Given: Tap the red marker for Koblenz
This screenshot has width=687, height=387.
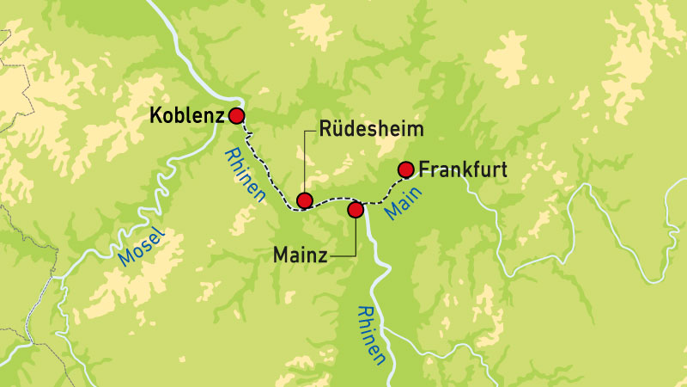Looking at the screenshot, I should click(x=236, y=116).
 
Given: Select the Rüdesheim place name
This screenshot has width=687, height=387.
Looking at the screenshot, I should click(x=373, y=130).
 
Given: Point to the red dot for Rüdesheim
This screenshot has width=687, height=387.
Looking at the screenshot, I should click(x=304, y=201).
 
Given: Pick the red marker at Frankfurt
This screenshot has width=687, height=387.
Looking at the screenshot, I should click(x=407, y=169).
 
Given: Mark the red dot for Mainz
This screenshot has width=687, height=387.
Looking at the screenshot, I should click(x=355, y=209).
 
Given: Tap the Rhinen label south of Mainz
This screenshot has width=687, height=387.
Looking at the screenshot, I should click(x=371, y=335).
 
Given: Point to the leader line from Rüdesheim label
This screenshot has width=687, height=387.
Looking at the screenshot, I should click(x=304, y=163).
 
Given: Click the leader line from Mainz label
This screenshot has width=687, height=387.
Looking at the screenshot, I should click(x=355, y=241).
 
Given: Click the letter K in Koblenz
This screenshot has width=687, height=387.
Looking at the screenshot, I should click(x=155, y=115).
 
